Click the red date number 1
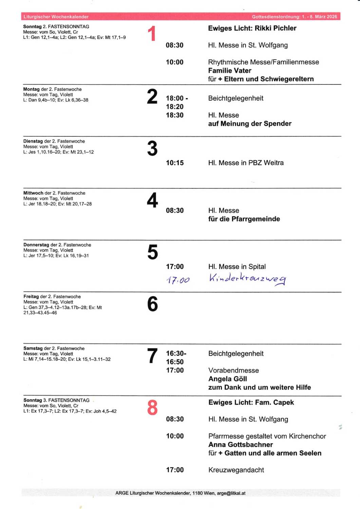[152, 34]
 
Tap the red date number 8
[152, 408]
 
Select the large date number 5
[153, 252]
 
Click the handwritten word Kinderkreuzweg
[247, 278]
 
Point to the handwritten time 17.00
[178, 280]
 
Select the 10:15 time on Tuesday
[175, 163]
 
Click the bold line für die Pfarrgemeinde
[244, 219]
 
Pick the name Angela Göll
[228, 379]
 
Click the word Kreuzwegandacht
[236, 470]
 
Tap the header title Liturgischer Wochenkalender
[56, 17]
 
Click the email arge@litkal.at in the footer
[231, 493]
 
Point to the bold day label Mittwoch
[33, 193]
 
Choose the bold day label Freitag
[31, 297]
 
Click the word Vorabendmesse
[233, 370]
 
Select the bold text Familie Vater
[230, 71]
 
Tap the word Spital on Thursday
[257, 267]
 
